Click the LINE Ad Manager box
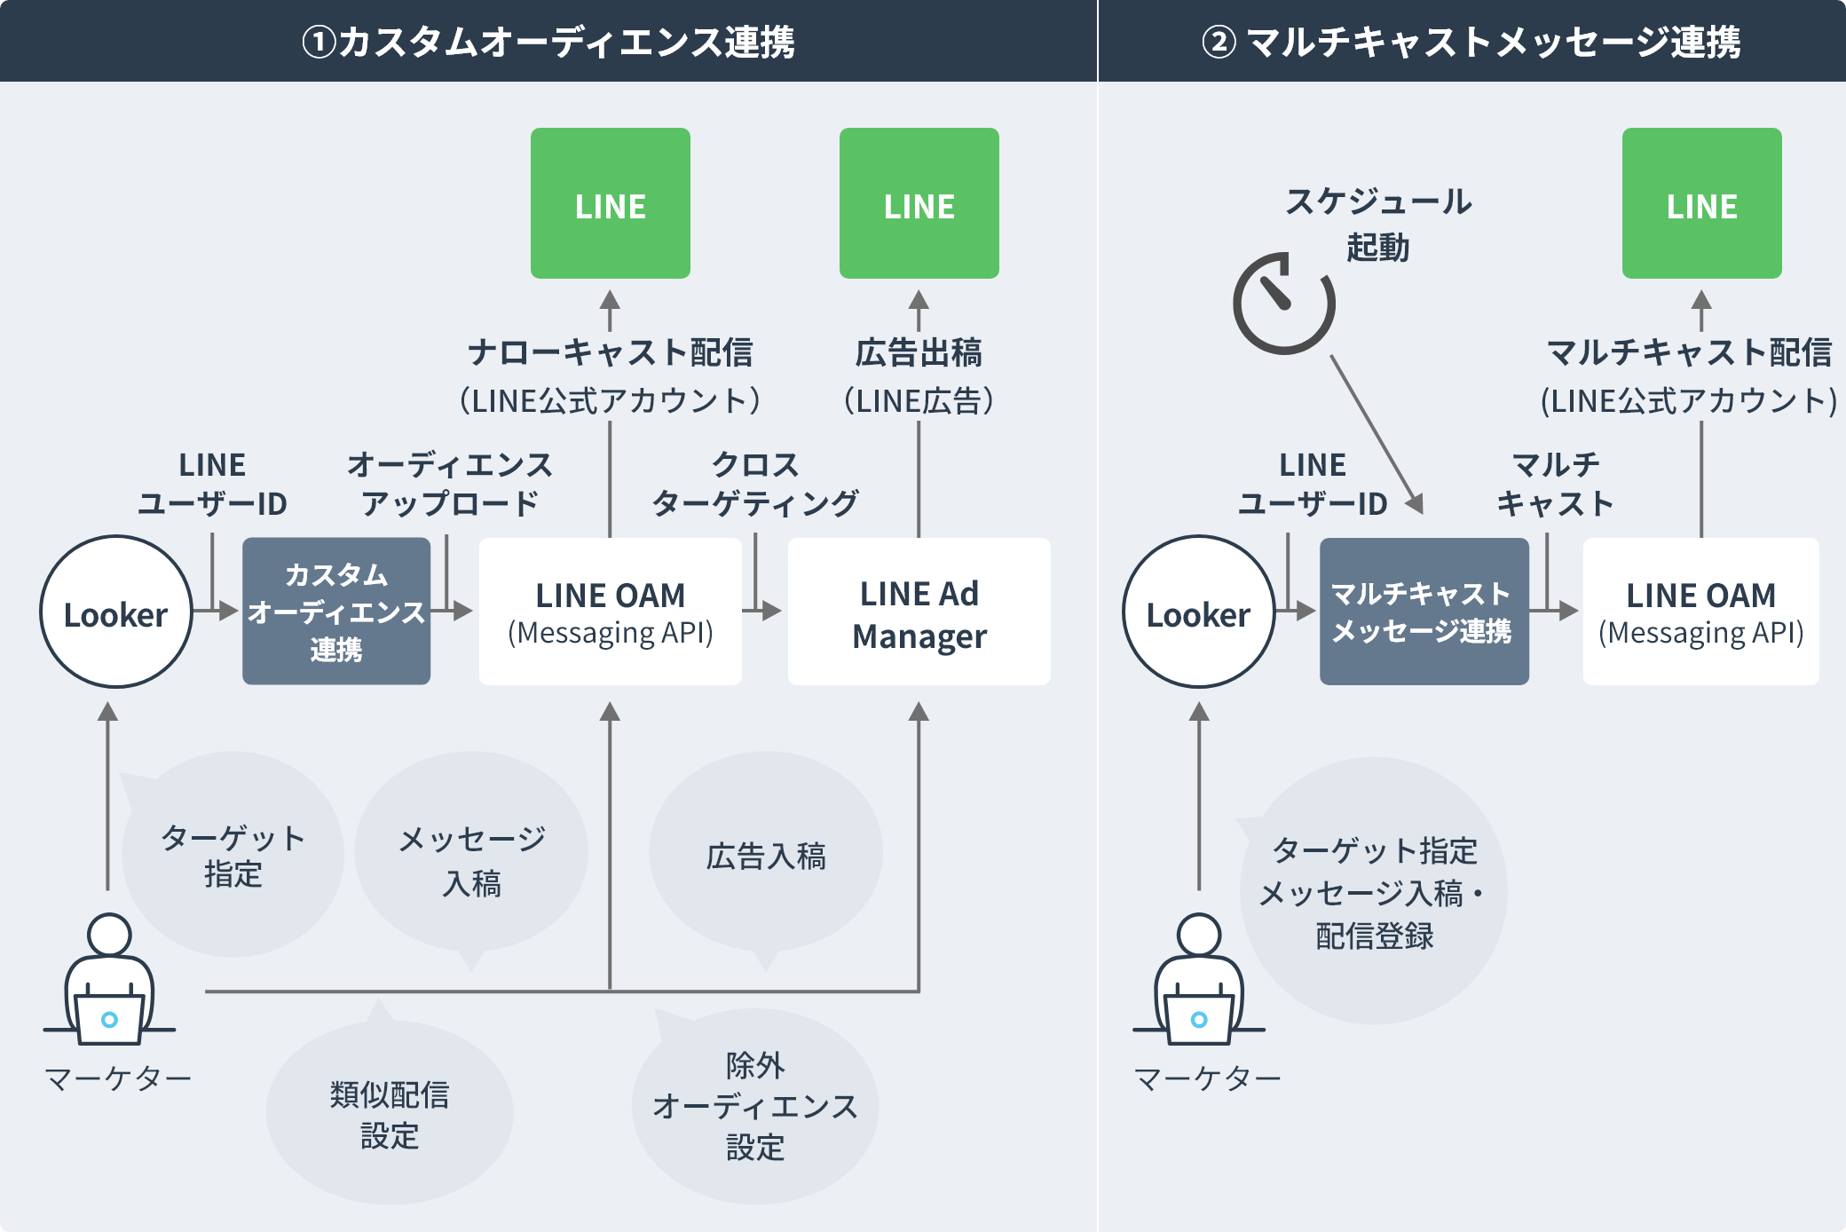click(x=919, y=612)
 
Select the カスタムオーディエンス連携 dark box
click(x=336, y=612)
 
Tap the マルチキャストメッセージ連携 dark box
click(x=1424, y=612)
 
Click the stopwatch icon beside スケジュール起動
click(x=1283, y=304)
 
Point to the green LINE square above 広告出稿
click(x=919, y=203)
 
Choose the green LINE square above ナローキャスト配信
click(x=610, y=203)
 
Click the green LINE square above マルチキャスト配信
click(x=1701, y=203)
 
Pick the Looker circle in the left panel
click(x=116, y=612)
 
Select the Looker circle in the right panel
click(x=1198, y=612)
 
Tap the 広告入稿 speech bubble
click(x=766, y=855)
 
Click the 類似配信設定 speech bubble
click(x=390, y=1114)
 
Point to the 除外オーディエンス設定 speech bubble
click(x=755, y=1106)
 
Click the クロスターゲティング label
click(x=755, y=484)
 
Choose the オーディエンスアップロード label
click(x=450, y=484)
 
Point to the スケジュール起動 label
click(x=1378, y=224)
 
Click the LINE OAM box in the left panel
click(x=610, y=612)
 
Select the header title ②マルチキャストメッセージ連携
click(x=1471, y=42)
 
